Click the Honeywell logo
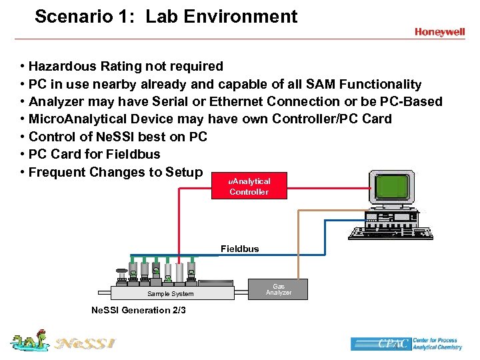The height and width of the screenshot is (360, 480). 439,31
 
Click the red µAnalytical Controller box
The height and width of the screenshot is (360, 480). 249,186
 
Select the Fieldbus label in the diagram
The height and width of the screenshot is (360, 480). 240,249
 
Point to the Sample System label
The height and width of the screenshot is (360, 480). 171,293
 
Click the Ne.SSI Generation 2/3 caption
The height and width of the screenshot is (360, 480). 138,310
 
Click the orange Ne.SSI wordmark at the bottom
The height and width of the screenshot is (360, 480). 85,343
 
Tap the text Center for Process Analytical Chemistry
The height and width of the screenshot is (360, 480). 435,343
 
